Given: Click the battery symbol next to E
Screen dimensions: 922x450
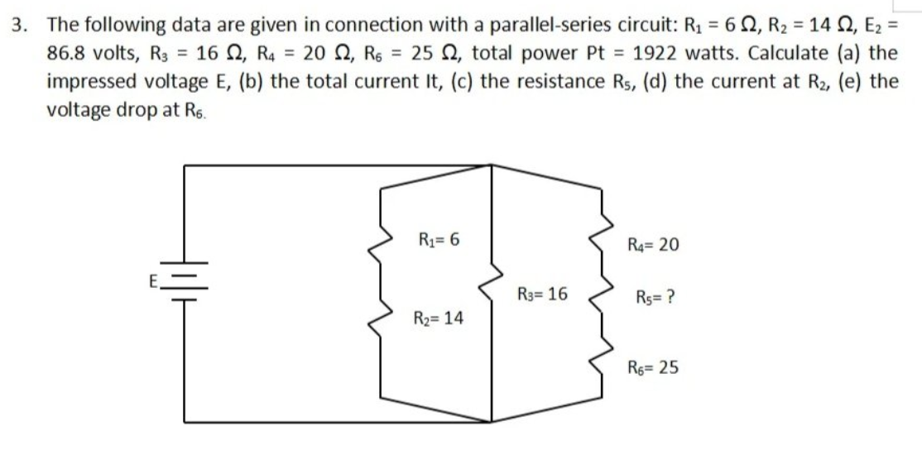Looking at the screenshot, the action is [x=184, y=285].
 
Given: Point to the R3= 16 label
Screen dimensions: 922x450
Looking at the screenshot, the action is [x=542, y=293].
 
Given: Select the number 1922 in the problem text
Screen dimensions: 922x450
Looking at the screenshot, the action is [x=657, y=52].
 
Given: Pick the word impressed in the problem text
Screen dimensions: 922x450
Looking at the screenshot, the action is [x=90, y=82].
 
